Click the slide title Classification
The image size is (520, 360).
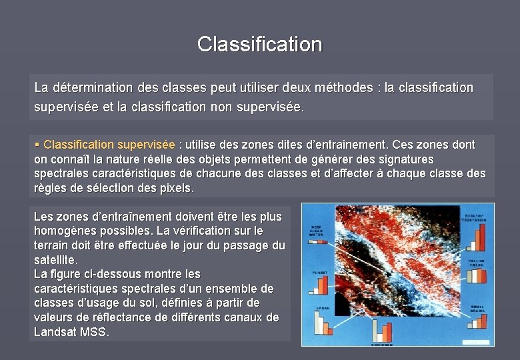tap(260, 45)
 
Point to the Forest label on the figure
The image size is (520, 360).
tap(319, 273)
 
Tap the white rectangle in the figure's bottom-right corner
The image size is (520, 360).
tap(475, 341)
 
